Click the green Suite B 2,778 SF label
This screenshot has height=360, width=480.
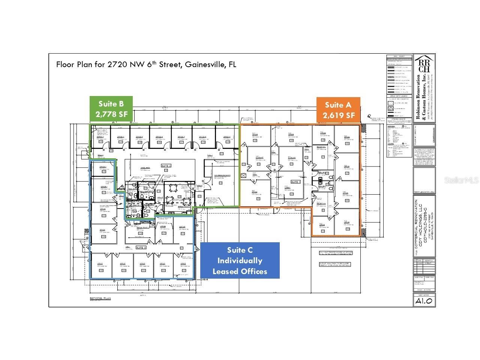[111, 109]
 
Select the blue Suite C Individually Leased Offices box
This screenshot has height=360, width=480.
[240, 261]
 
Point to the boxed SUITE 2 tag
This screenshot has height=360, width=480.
[166, 166]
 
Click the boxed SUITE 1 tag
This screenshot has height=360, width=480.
[296, 182]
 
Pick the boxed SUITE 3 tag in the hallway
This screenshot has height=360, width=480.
[141, 247]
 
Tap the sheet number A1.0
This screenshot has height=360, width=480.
[424, 300]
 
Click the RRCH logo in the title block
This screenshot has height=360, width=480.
[424, 64]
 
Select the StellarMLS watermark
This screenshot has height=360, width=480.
[461, 180]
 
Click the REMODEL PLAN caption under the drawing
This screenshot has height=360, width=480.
[100, 298]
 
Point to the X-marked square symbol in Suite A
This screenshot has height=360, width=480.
[244, 175]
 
